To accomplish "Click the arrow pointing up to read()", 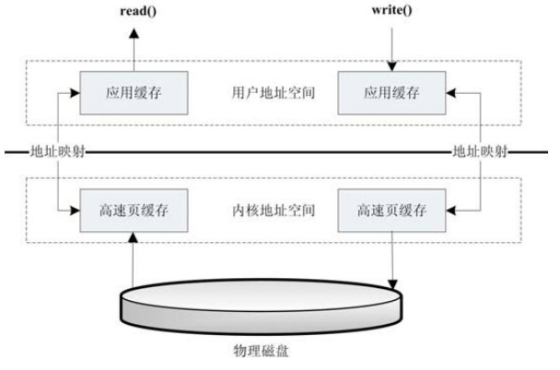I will pyautogui.click(x=133, y=46).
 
